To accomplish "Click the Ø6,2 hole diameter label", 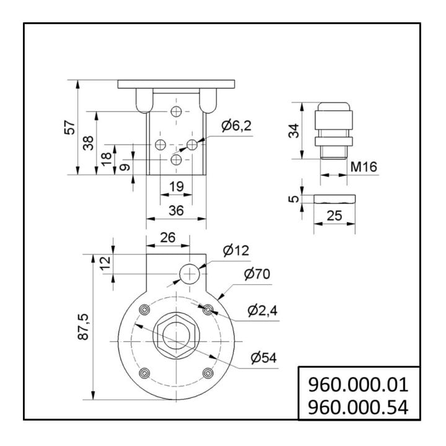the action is (237, 126).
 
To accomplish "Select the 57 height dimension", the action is (70, 128).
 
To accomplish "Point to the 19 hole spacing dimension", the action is (177, 186).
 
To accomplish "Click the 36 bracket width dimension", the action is (177, 211).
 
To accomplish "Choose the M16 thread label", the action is (364, 167).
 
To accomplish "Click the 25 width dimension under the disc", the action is (334, 216).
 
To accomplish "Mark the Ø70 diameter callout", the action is (257, 274).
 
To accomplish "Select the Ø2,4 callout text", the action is (262, 310).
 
